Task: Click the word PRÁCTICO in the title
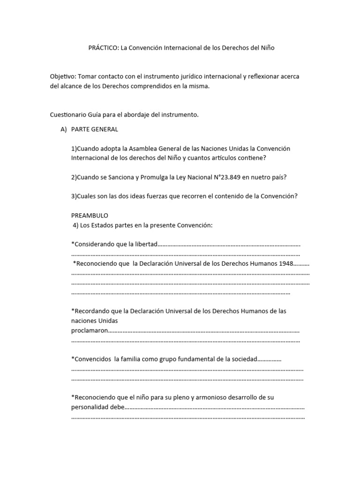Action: pyautogui.click(x=103, y=48)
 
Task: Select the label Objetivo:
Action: pyautogui.click(x=63, y=76)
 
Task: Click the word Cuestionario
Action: pyautogui.click(x=69, y=114)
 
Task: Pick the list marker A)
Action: pyautogui.click(x=64, y=129)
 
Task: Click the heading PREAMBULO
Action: pyautogui.click(x=90, y=216)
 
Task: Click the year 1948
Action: pyautogui.click(x=285, y=263)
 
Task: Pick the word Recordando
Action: pyautogui.click(x=91, y=311)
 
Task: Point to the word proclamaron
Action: pyautogui.click(x=90, y=330)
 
